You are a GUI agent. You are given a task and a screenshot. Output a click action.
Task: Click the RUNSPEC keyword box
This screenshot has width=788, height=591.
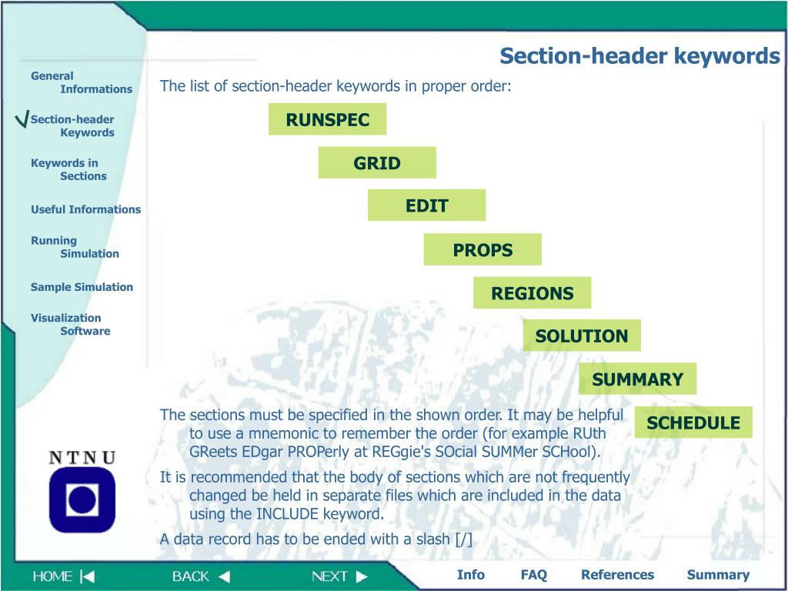coord(327,119)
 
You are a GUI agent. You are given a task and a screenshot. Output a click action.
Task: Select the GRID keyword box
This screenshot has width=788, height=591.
coord(377,162)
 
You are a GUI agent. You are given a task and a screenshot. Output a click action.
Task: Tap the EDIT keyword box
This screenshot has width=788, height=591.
coord(426,205)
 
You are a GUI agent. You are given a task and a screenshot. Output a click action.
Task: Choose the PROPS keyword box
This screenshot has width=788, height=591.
coord(482,249)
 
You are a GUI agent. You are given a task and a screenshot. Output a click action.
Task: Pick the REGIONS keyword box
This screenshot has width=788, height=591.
coord(532,292)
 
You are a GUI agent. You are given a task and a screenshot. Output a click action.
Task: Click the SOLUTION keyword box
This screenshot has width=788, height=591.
coord(582,336)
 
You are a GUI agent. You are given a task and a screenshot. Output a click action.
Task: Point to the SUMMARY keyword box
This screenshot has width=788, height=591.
coord(637,379)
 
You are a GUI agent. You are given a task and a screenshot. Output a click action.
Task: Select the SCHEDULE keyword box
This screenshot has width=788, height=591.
coord(693,422)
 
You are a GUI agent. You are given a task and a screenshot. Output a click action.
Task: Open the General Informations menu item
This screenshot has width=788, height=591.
coord(81,82)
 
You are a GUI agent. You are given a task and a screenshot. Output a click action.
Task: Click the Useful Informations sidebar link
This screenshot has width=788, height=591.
coord(85,209)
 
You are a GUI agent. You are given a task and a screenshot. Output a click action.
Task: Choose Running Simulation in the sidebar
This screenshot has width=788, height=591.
coord(75,247)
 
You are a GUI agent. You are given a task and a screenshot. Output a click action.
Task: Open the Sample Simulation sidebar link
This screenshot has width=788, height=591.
coord(82,287)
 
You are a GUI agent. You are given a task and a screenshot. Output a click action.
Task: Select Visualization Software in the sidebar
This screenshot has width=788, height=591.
coord(70,324)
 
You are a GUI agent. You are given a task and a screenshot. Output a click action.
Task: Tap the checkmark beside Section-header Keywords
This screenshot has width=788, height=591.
coord(22,121)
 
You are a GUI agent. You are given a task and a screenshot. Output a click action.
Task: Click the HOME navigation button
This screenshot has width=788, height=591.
coord(63,576)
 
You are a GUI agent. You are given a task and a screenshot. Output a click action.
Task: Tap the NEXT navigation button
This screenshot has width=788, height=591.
coord(339,576)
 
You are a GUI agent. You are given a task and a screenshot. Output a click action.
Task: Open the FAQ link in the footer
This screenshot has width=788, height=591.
coord(533,574)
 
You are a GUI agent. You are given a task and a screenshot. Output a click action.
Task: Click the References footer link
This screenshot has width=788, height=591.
coord(617,574)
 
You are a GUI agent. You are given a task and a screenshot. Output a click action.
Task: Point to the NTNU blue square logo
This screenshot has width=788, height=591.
coord(82,499)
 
